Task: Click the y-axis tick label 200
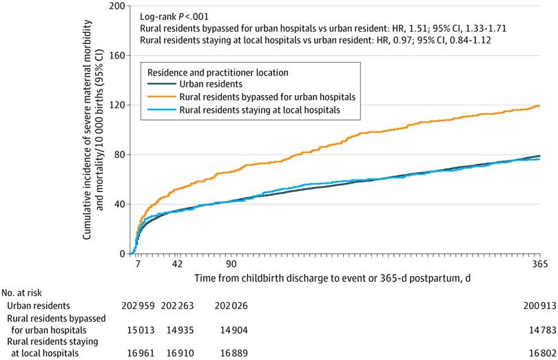[x=116, y=6]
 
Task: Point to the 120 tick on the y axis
[x=116, y=105]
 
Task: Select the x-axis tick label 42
[x=176, y=264]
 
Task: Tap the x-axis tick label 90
[x=231, y=264]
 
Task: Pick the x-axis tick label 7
[x=137, y=264]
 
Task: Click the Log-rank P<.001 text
[x=174, y=15]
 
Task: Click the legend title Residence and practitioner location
[x=214, y=71]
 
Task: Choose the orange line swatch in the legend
[x=160, y=96]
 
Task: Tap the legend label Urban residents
[x=213, y=83]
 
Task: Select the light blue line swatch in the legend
[x=160, y=109]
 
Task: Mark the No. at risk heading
[x=24, y=293]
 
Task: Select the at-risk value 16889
[x=231, y=354]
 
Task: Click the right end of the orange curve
[x=539, y=105]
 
